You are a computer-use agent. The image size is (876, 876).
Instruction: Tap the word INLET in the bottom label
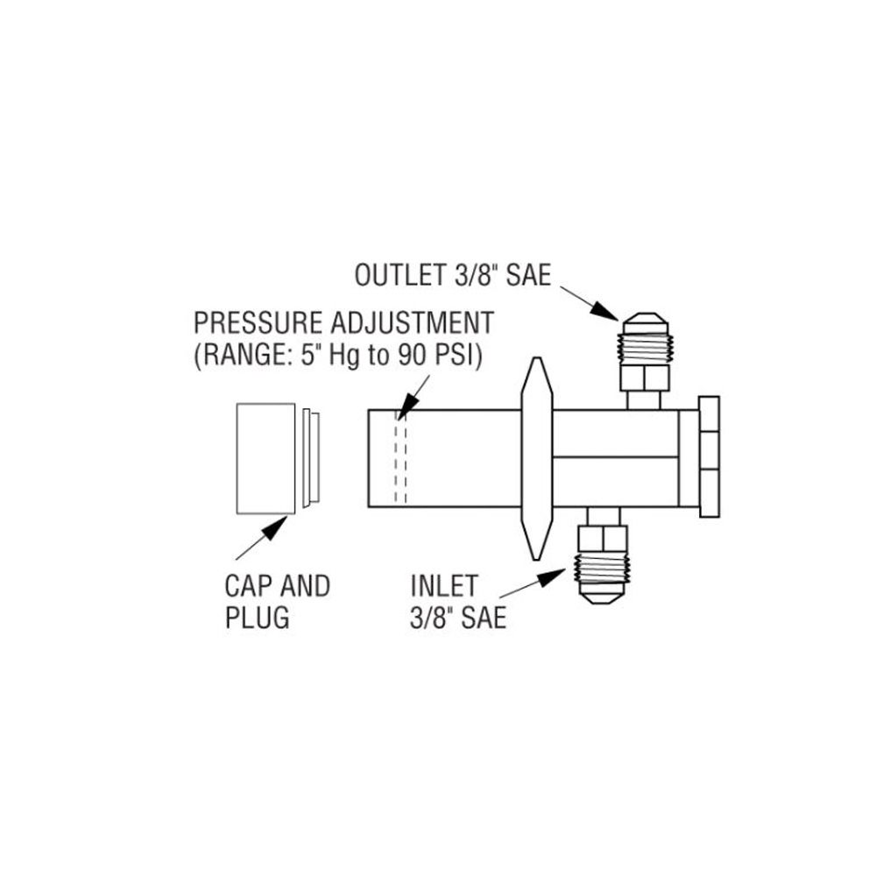[444, 586]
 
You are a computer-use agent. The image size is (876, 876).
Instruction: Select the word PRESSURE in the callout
[258, 323]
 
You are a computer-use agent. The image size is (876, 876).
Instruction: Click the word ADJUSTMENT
[413, 323]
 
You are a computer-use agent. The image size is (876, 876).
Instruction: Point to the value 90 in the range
[413, 356]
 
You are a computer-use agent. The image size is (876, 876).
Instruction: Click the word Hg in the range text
[344, 356]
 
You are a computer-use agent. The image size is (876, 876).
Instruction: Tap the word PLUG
[257, 618]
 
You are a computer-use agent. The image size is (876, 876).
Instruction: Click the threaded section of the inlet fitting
[602, 568]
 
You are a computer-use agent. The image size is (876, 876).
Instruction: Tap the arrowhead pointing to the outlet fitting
[605, 310]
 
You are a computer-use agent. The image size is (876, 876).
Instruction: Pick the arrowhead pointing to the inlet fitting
[552, 576]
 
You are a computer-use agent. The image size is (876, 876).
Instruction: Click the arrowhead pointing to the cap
[275, 527]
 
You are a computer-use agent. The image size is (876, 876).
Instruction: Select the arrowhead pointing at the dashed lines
[410, 402]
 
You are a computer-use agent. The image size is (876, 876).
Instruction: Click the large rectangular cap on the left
[266, 458]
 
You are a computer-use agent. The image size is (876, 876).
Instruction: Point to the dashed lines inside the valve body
[400, 458]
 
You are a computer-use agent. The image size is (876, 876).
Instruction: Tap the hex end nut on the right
[709, 457]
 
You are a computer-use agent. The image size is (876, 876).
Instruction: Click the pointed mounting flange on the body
[536, 458]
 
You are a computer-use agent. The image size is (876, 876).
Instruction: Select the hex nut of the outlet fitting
[645, 378]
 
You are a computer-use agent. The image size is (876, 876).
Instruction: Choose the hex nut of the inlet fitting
[603, 539]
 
